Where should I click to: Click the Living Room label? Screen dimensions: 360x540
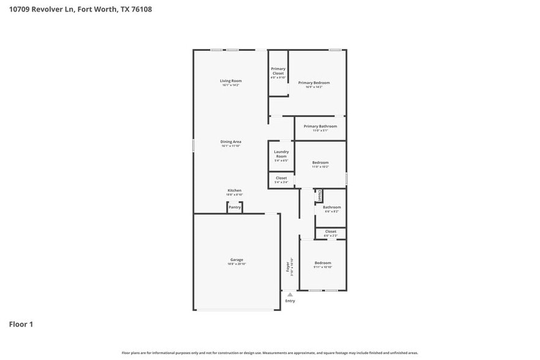231,81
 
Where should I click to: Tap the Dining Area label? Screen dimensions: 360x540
231,141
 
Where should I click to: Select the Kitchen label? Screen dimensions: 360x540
234,190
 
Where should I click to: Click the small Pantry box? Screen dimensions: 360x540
234,208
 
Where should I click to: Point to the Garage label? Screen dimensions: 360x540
236,260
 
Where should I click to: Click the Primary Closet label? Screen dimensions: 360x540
279,71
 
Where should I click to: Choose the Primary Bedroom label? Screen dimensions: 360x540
314,83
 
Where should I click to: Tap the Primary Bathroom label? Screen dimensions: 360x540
320,126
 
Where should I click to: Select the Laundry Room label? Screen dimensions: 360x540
281,154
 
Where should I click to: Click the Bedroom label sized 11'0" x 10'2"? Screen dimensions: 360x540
320,162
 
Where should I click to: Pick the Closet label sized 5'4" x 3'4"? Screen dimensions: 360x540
281,178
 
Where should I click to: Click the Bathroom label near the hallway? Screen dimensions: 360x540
332,207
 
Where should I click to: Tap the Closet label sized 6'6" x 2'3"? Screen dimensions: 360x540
331,231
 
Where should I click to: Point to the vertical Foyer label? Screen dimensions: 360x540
288,268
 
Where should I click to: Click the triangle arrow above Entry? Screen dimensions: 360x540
290,294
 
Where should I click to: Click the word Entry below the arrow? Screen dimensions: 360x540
290,301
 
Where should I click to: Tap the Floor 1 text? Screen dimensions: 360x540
21,324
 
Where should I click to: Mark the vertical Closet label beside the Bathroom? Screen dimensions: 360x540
320,195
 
